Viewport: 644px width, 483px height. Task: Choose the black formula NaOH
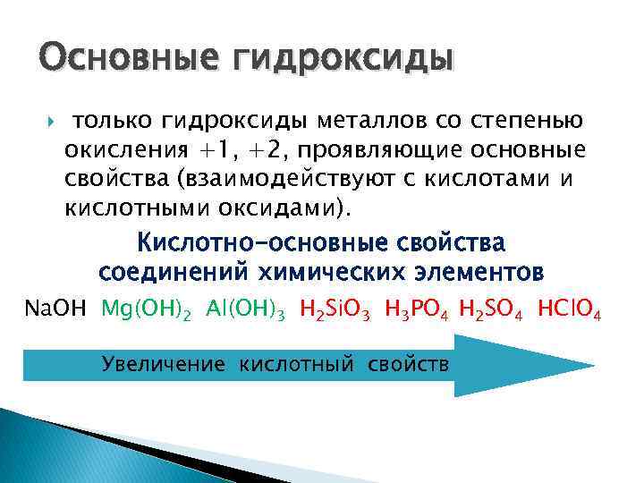point(55,309)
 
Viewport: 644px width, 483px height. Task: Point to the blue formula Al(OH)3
point(245,310)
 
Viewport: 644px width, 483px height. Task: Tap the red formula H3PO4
point(418,310)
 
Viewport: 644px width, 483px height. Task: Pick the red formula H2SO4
point(494,310)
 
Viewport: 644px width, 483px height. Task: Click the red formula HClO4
point(570,310)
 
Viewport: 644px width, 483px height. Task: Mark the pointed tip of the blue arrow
point(592,365)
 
